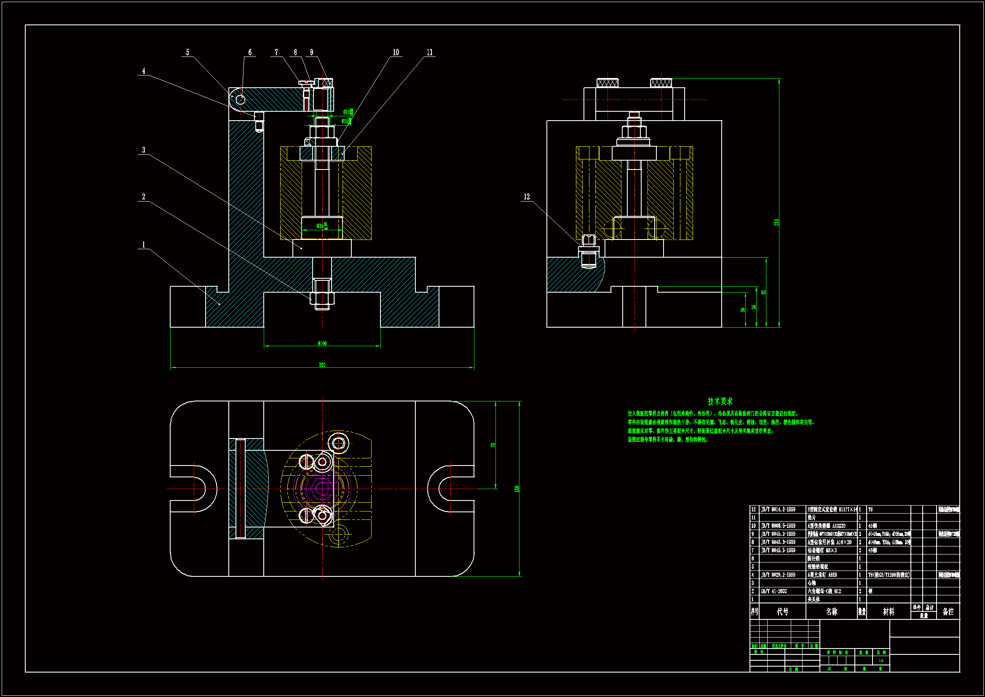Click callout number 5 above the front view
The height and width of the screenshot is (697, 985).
187,52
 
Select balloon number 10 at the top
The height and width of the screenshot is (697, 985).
396,52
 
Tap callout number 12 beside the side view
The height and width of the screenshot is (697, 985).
527,196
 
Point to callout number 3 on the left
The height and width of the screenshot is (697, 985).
144,150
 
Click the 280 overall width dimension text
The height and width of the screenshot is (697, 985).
322,365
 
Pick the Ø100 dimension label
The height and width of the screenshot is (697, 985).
322,343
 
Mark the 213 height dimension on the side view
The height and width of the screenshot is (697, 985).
776,223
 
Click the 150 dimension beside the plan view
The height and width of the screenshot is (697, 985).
517,489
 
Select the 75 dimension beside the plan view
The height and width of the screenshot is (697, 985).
493,445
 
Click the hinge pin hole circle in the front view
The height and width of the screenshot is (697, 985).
240,100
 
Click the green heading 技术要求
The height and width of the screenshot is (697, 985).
720,401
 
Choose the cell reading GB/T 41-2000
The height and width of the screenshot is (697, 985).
774,591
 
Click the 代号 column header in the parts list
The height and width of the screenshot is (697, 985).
782,611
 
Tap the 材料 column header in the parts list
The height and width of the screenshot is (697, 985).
889,611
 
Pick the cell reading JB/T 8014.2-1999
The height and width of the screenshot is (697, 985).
778,509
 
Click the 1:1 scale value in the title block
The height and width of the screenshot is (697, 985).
881,660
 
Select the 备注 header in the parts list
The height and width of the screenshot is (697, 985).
948,611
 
